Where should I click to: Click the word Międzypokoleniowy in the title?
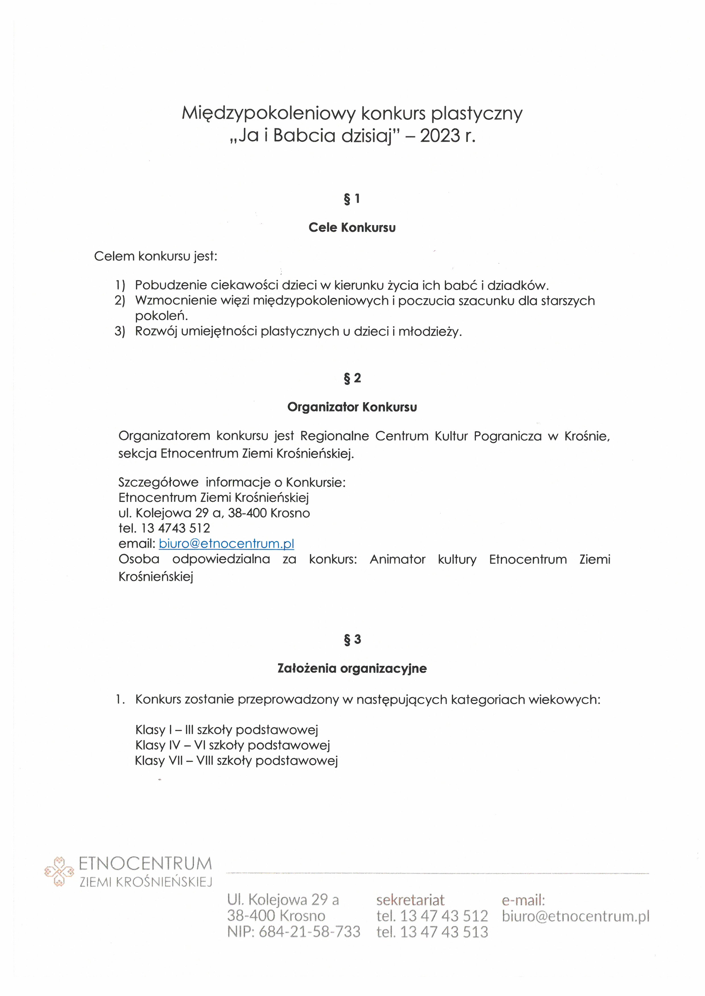268,114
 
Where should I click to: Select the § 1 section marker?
352,199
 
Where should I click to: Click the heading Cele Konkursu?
352,228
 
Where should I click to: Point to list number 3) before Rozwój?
120,331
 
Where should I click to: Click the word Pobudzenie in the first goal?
171,285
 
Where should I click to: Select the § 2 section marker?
352,378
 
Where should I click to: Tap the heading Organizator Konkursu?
352,407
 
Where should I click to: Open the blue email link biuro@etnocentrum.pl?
226,544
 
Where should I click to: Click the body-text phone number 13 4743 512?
176,528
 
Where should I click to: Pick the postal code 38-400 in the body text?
247,513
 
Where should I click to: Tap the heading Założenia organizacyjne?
352,669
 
